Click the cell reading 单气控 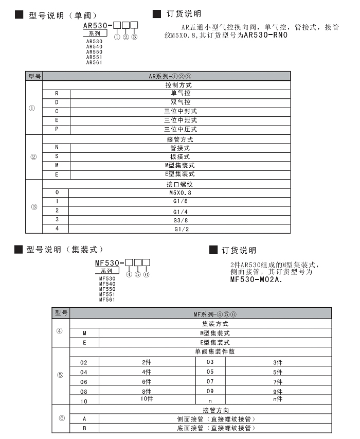click(180, 93)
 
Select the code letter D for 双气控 click(57, 102)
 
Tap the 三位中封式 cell click(180, 111)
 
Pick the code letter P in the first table click(57, 129)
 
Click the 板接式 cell click(180, 156)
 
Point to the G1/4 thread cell click(180, 212)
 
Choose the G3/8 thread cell click(180, 220)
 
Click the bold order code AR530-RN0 click(265, 36)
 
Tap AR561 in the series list click(94, 63)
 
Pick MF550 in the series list click(107, 289)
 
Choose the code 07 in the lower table click(210, 381)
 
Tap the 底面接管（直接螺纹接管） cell click(215, 428)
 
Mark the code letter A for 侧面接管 click(84, 419)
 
